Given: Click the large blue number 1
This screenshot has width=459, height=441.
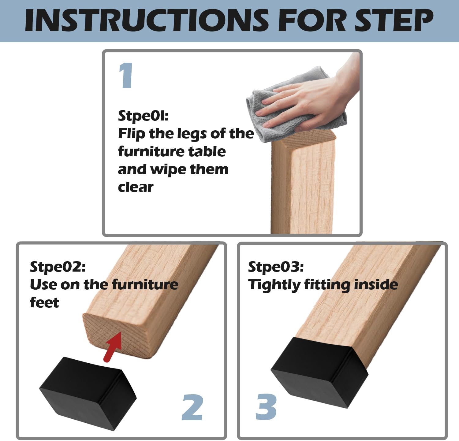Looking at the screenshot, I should click(x=126, y=75).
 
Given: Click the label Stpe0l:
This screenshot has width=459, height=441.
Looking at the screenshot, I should click(x=143, y=116).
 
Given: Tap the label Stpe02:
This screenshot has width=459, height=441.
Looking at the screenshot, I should click(x=58, y=267).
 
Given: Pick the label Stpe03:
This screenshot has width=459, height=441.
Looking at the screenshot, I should click(x=276, y=267).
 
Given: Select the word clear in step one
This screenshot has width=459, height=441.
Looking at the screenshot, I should click(x=135, y=187).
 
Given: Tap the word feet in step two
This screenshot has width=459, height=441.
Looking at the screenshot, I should click(x=44, y=302).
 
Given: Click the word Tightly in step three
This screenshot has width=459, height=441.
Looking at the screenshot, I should click(x=274, y=285).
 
